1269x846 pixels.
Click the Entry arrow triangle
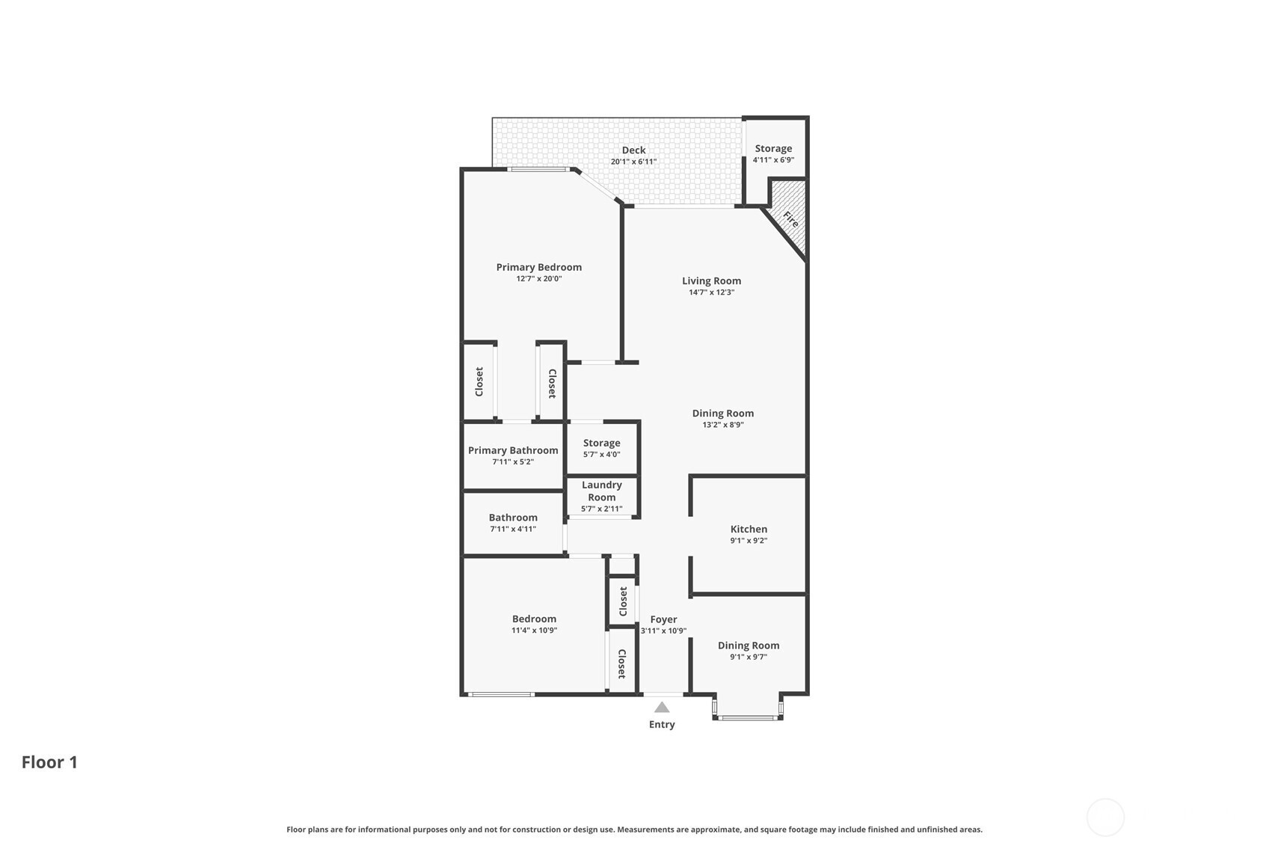pos(662,707)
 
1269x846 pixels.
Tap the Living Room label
pos(712,281)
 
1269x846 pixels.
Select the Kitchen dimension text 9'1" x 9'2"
pos(749,541)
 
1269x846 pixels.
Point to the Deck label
pos(634,150)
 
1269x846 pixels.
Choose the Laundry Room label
pos(602,491)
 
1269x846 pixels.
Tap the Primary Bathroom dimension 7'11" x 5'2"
pos(513,462)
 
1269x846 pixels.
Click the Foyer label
pos(663,619)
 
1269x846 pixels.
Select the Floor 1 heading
pos(49,762)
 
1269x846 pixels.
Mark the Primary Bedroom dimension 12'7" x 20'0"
pos(538,279)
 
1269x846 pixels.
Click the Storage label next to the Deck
pos(773,148)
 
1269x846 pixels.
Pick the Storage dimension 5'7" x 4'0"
pos(602,455)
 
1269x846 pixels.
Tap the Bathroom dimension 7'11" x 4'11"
pos(513,530)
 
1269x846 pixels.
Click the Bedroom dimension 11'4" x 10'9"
pos(534,630)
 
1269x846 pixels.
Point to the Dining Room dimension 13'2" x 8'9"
pos(723,425)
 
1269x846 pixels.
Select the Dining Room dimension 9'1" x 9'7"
pos(749,658)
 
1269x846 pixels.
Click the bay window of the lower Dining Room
pos(748,718)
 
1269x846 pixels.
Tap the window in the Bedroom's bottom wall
pos(501,694)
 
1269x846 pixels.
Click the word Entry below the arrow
pos(662,725)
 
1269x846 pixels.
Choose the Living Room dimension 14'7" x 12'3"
pos(712,292)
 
